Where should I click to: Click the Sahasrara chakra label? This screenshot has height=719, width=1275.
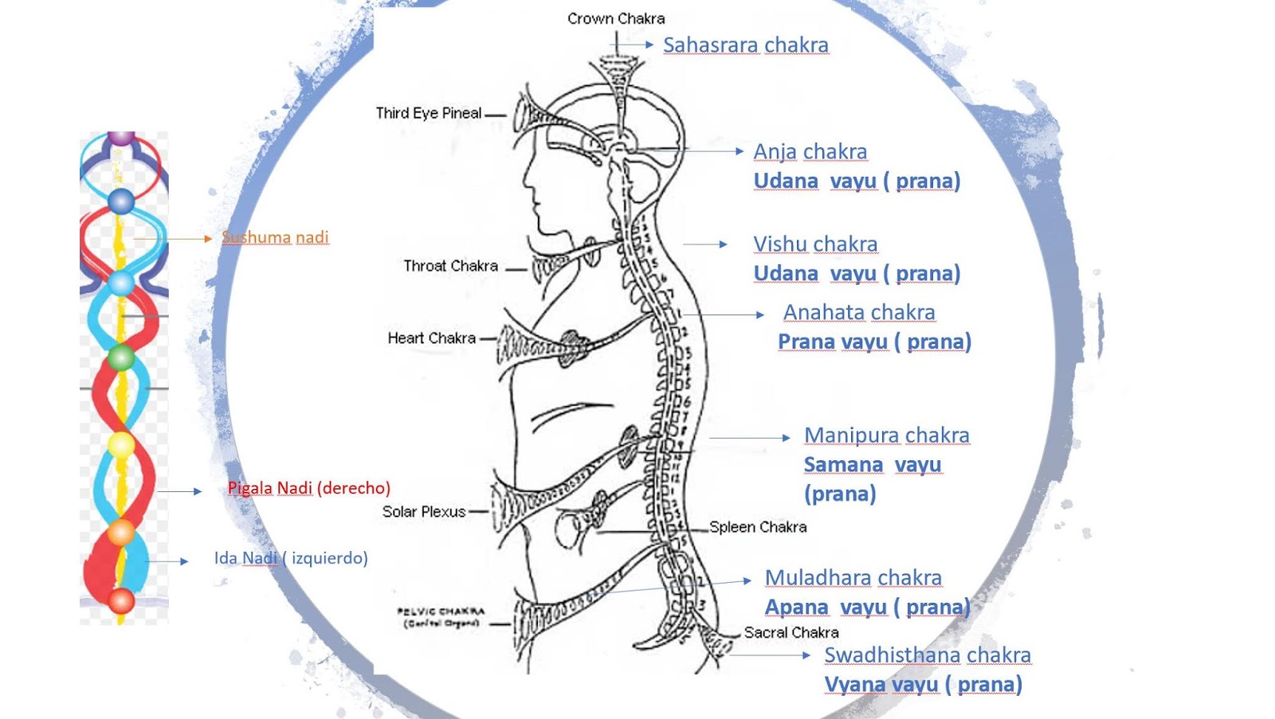[745, 45]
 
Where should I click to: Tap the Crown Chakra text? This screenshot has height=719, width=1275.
[615, 18]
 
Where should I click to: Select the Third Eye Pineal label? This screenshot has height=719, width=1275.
[429, 113]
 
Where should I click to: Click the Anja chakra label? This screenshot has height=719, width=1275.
[810, 151]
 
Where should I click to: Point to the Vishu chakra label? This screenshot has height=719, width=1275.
[815, 244]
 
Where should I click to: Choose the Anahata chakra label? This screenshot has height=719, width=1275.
[858, 312]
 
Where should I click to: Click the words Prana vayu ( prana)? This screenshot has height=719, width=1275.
[873, 342]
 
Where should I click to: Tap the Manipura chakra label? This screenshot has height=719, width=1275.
[886, 435]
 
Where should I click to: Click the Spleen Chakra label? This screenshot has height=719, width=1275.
[758, 527]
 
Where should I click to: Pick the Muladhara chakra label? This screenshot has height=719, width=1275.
[853, 577]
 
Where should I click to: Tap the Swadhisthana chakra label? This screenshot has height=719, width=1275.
[927, 655]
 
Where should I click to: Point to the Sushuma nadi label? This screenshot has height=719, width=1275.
[275, 237]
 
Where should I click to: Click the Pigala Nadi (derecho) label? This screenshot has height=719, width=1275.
[308, 488]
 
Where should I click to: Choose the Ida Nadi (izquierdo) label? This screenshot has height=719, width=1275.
[291, 558]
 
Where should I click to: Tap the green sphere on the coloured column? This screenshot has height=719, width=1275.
[121, 358]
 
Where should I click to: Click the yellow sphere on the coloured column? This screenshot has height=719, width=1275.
[121, 444]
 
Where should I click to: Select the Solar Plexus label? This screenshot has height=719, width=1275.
[424, 512]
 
